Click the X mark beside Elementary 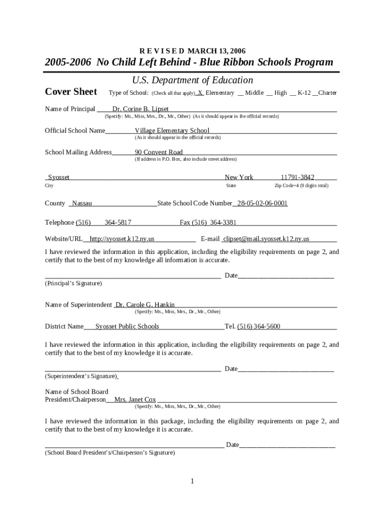click(200, 93)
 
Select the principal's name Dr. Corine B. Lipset click(140, 109)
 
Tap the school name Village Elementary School click(172, 130)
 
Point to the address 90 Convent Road click(159, 152)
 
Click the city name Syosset click(59, 177)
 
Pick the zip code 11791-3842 click(297, 177)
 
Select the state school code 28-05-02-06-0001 click(262, 203)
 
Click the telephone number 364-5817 click(118, 222)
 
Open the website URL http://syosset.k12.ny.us click(122, 239)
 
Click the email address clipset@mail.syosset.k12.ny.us click(266, 239)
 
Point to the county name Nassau click(82, 203)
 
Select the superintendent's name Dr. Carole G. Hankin click(145, 305)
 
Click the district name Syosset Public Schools click(127, 326)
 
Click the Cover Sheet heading click(71, 92)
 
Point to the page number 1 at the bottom click(192, 481)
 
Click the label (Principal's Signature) click(73, 283)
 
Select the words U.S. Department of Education click(192, 80)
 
